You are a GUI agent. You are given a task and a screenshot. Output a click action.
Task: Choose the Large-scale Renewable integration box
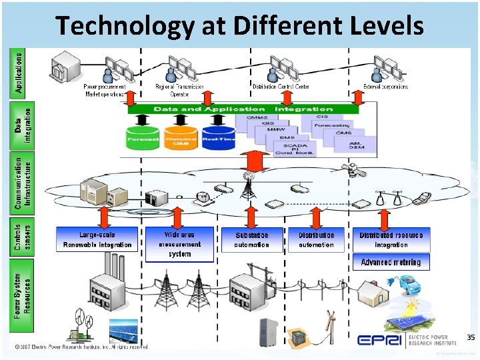[97, 239]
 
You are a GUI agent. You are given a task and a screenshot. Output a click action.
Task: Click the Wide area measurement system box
[180, 244]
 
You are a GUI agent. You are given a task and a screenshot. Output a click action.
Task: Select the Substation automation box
[252, 239]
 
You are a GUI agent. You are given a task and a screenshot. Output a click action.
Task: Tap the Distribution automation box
[316, 239]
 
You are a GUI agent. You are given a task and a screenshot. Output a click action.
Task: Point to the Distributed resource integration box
[391, 239]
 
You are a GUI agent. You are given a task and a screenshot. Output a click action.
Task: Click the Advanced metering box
[391, 262]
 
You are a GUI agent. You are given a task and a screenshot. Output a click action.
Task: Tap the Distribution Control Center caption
[281, 87]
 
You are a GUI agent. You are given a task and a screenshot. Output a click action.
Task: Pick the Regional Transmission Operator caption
[179, 90]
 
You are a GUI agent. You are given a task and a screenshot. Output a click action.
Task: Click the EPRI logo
[379, 341]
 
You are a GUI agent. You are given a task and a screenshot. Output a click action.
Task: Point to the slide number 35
[471, 338]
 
